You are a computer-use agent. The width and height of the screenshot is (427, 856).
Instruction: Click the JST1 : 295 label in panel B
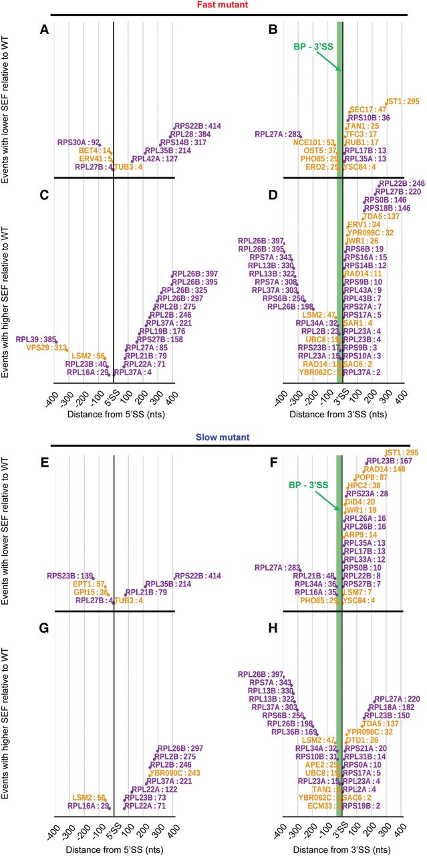pos(402,101)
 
